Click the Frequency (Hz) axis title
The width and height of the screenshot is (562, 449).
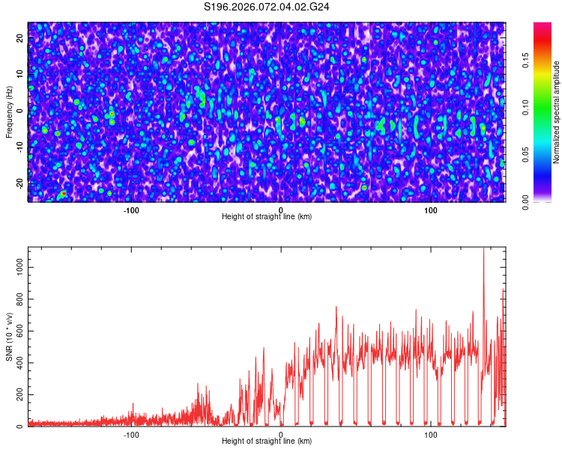[9, 112]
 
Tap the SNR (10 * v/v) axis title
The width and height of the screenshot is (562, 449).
[9, 336]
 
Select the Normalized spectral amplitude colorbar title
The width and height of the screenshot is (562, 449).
[557, 112]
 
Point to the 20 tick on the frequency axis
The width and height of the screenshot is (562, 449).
[20, 37]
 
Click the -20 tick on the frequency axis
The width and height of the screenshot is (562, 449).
[20, 183]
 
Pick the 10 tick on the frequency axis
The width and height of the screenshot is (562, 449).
[20, 73]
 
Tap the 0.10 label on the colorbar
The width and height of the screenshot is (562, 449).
[525, 108]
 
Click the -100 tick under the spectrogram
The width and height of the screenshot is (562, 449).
[131, 210]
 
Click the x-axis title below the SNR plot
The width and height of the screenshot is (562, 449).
[267, 442]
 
